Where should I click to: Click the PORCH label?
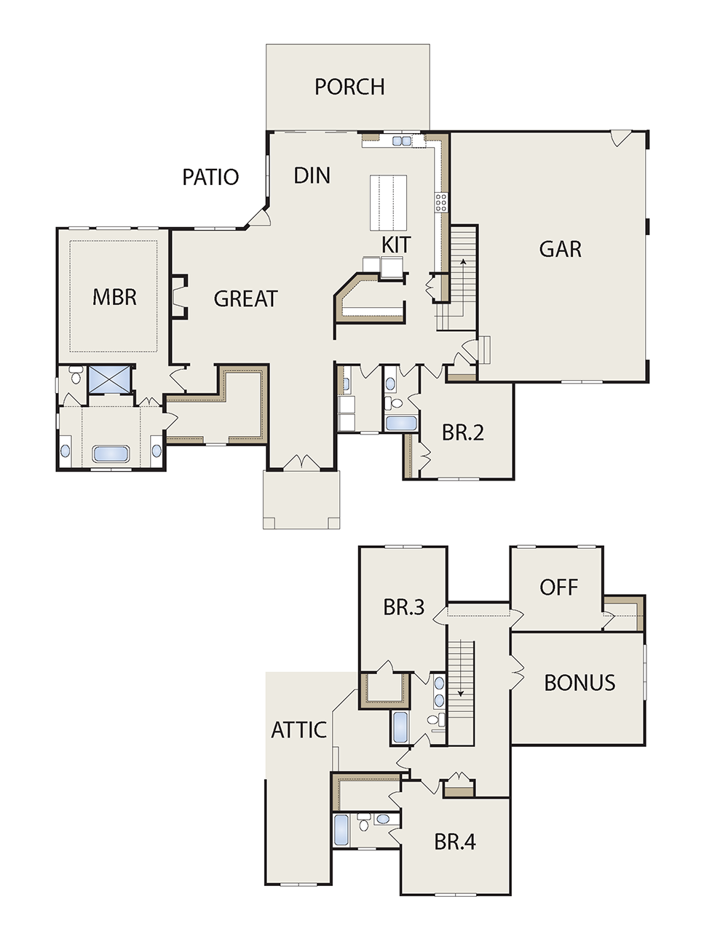[349, 87]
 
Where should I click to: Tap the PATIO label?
[210, 177]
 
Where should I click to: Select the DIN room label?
[312, 175]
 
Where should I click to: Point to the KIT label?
[396, 245]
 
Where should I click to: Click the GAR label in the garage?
[561, 249]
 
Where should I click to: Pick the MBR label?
[114, 298]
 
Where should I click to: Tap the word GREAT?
[246, 298]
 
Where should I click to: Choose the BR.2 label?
[463, 432]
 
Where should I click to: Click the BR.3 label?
[404, 607]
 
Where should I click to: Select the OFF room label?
[558, 587]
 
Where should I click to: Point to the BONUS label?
[579, 682]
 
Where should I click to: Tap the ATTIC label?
[298, 730]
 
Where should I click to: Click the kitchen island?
[388, 202]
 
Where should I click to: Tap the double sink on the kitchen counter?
[401, 140]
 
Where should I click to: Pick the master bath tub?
[111, 454]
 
